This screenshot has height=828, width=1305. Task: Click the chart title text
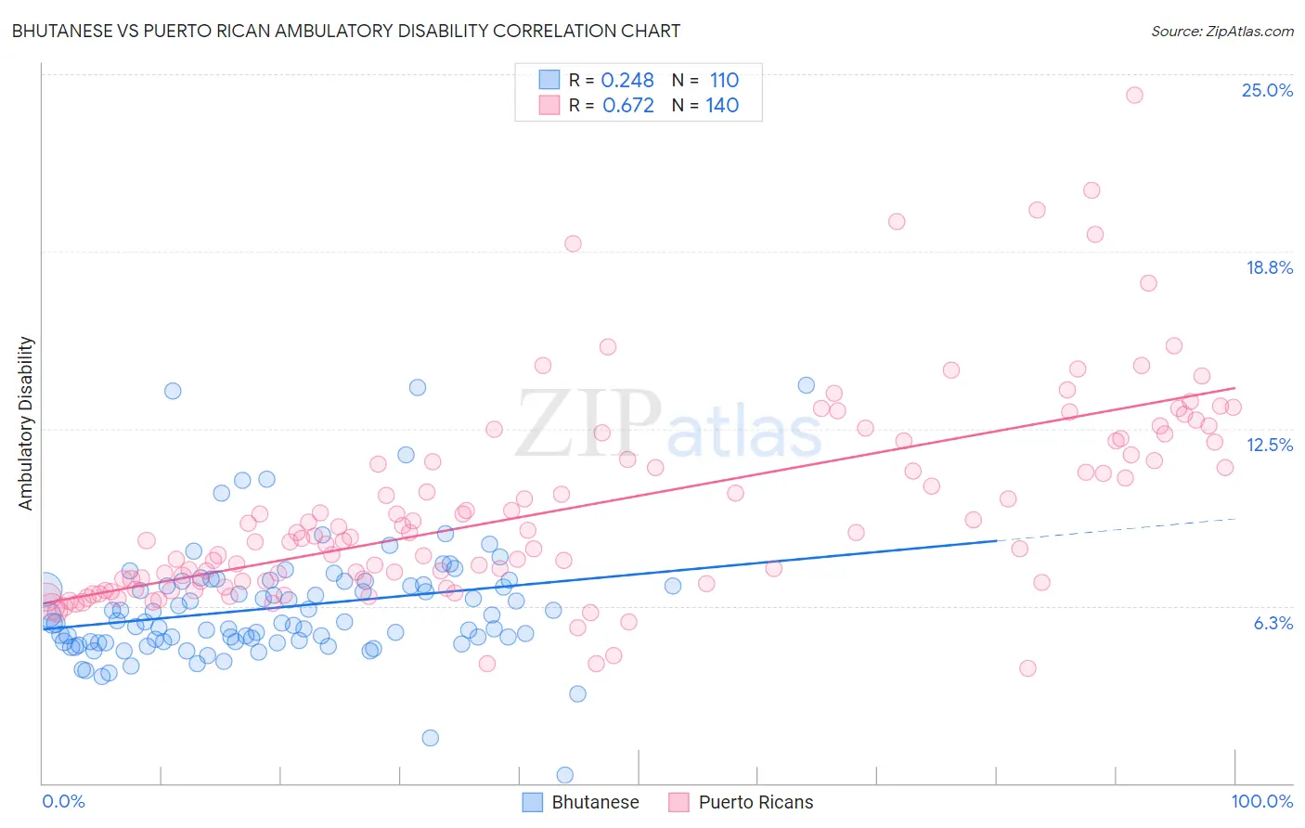tap(345, 31)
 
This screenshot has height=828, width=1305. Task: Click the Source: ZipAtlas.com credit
tap(1221, 31)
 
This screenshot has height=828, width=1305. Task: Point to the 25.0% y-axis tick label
tap(1267, 90)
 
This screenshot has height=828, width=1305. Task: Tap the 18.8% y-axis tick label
tap(1269, 267)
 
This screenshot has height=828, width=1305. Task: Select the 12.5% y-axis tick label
tap(1269, 445)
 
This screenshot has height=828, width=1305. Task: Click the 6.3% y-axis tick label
tap(1273, 623)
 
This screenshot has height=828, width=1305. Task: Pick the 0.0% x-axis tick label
tap(63, 801)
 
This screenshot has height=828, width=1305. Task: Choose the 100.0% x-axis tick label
tap(1261, 801)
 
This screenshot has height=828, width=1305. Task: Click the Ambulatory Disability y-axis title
tap(26, 423)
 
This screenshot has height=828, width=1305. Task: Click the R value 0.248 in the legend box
tap(627, 81)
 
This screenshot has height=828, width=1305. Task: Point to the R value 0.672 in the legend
tap(627, 106)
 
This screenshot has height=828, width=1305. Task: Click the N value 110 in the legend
tap(724, 81)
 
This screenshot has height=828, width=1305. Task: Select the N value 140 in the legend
tap(722, 106)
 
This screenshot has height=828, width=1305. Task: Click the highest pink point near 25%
tap(1133, 95)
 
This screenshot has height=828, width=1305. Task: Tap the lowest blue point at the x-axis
tap(564, 774)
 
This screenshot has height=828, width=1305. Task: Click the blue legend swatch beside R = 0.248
tap(549, 80)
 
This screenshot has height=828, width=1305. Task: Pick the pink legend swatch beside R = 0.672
tap(549, 105)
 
